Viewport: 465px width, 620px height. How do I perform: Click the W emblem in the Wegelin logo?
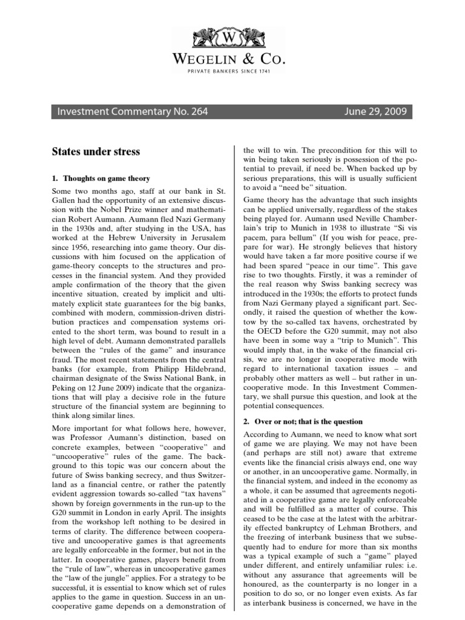point(232,36)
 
